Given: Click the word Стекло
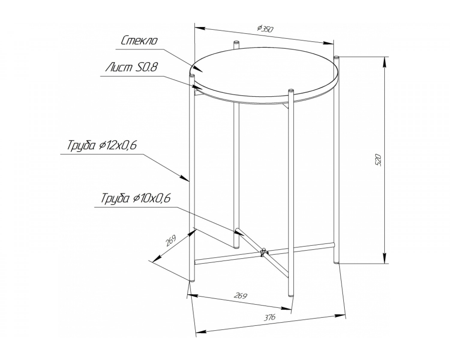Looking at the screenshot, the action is (139, 41).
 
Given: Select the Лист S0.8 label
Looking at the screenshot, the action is (131, 67).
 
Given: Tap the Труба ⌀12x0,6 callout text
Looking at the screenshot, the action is (102, 146).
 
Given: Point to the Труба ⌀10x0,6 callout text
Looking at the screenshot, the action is (136, 198).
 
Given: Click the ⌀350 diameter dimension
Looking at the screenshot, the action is (265, 29).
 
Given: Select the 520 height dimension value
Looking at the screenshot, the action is (379, 160).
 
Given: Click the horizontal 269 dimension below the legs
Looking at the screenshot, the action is (241, 296).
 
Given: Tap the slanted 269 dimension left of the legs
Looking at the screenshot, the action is (171, 241).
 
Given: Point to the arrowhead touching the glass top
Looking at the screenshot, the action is (197, 69).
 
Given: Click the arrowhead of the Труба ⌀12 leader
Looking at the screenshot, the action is (184, 178).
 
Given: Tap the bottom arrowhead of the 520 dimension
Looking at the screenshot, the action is (384, 258).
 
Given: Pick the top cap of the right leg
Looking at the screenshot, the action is (337, 57).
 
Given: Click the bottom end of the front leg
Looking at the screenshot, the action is (291, 295).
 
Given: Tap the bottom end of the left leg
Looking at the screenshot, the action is (192, 281).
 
